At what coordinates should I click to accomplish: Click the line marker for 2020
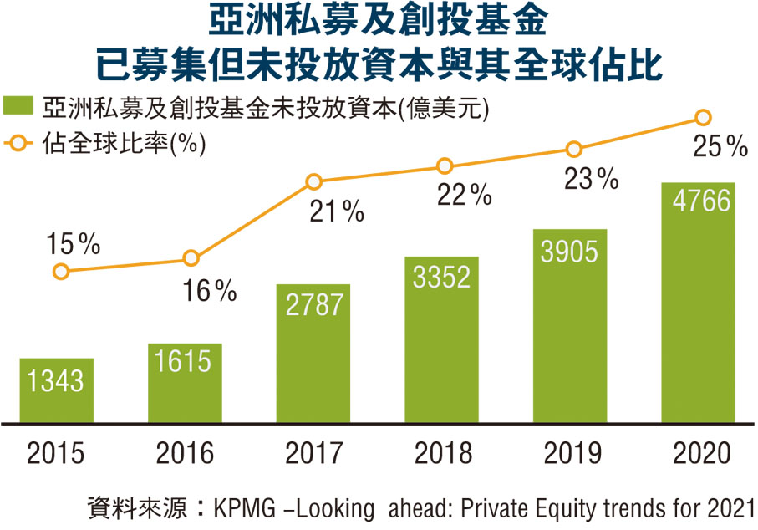pyautogui.click(x=704, y=117)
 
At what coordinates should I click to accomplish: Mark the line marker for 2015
pyautogui.click(x=59, y=271)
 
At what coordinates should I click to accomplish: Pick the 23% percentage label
pyautogui.click(x=591, y=179)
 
